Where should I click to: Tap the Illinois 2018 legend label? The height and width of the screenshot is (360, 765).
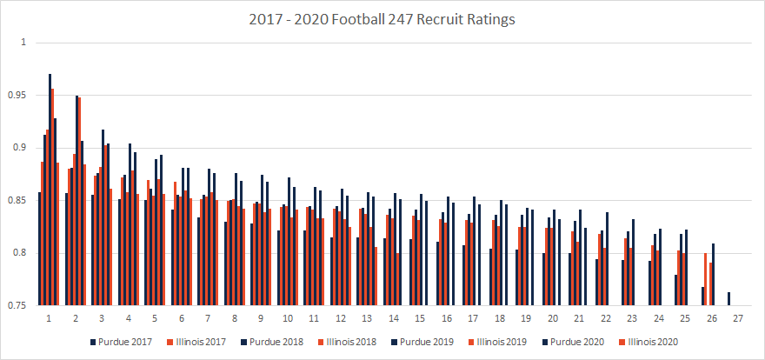tap(349, 341)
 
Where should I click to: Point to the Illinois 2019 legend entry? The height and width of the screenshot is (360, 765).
tap(502, 341)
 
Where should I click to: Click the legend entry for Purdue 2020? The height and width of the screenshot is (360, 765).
tap(578, 341)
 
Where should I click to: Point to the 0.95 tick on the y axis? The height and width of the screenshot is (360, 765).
tap(17, 95)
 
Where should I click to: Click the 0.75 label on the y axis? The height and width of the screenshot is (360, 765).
tap(17, 306)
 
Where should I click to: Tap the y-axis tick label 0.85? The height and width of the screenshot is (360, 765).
tap(17, 201)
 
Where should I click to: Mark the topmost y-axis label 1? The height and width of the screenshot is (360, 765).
tap(23, 43)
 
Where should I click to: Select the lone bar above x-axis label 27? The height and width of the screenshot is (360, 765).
tap(728, 299)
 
